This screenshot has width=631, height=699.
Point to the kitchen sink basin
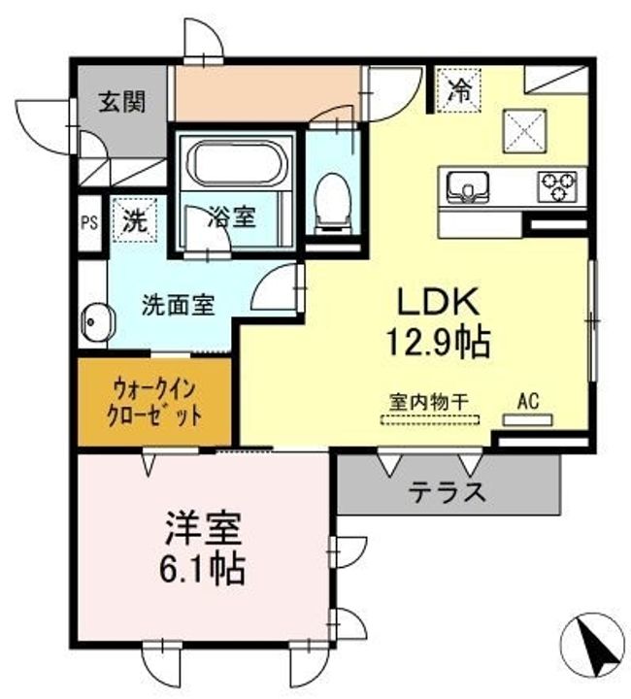tap(469, 183)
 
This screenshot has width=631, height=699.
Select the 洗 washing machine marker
tap(133, 219)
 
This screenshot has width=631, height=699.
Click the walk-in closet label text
tap(156, 402)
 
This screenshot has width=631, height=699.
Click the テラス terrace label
tap(448, 491)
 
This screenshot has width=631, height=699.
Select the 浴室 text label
tap(234, 217)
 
